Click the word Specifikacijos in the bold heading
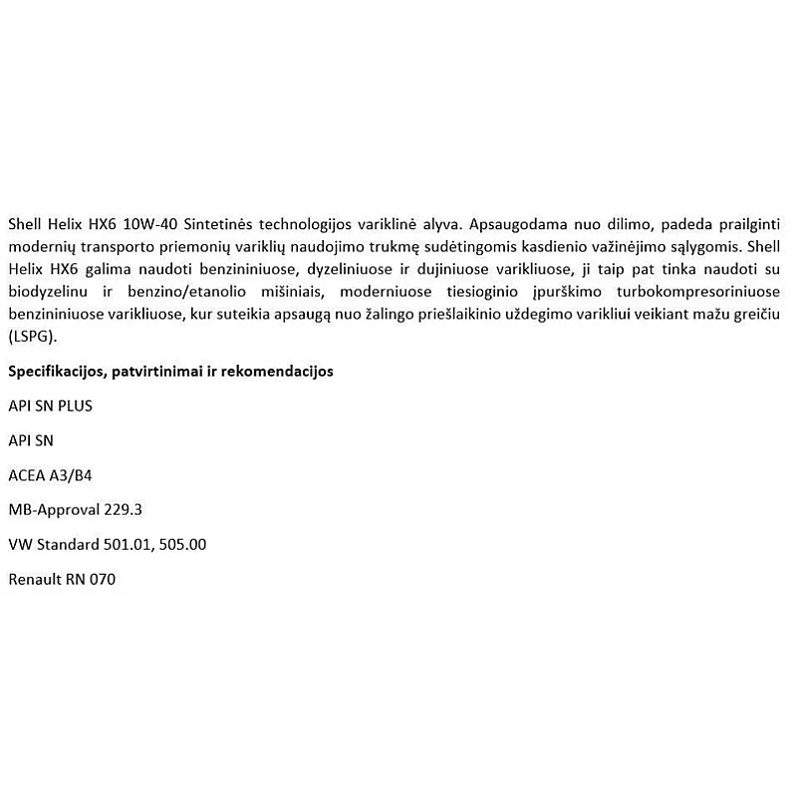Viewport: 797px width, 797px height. pos(54,372)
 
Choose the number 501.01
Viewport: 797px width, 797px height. pos(127,545)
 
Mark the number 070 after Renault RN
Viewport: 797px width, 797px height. pos(103,579)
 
